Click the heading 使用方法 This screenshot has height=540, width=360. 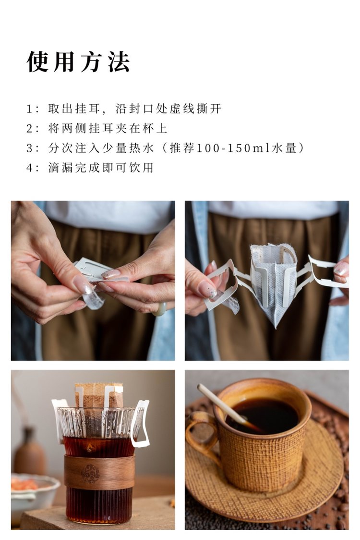click(x=78, y=62)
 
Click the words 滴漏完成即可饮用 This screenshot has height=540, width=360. click(x=101, y=168)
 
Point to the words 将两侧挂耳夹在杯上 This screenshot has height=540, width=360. click(x=108, y=128)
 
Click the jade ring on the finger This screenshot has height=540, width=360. click(x=159, y=309)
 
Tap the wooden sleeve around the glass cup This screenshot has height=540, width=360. click(x=99, y=472)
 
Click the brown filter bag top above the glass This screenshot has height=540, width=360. click(x=99, y=395)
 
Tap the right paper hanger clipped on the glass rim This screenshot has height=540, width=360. click(x=141, y=424)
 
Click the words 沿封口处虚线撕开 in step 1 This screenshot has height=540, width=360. click(x=168, y=109)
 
